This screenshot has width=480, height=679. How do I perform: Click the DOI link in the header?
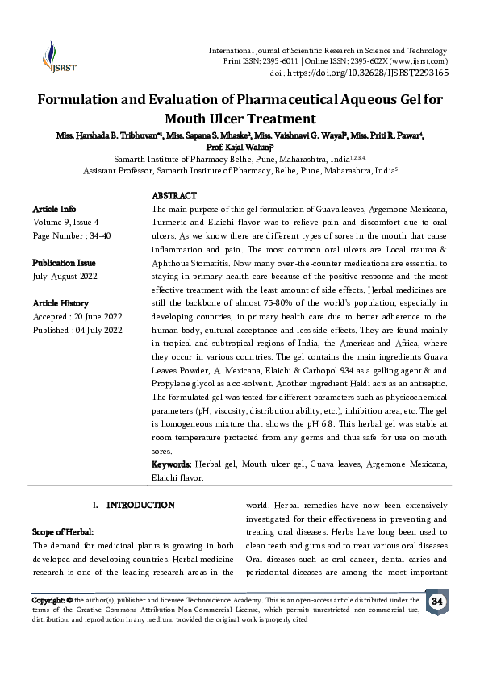point(368,72)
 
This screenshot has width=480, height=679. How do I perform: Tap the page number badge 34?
point(436,602)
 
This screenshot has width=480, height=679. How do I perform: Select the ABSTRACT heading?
point(174,196)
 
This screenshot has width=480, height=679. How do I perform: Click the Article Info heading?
point(54,209)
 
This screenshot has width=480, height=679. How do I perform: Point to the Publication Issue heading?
point(64,263)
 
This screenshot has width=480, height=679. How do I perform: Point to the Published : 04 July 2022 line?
point(77,331)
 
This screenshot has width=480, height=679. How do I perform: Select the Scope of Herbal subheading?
point(63,532)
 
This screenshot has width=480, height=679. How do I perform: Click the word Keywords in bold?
point(172,465)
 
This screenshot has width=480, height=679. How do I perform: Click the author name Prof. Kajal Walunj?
point(239,148)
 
